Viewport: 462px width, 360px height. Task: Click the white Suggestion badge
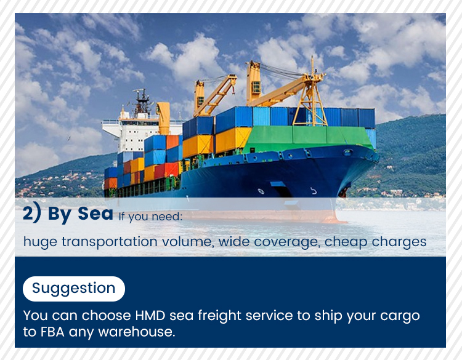73,288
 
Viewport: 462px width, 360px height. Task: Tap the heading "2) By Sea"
68,214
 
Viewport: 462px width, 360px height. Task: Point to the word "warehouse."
141,333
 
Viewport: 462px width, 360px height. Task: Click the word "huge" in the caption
38,241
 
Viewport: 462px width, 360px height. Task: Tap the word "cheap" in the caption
346,241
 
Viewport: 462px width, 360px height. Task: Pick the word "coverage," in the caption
289,241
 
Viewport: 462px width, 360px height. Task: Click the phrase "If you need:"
151,216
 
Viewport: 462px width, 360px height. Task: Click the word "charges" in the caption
398,241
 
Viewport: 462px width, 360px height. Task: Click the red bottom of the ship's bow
320,217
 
